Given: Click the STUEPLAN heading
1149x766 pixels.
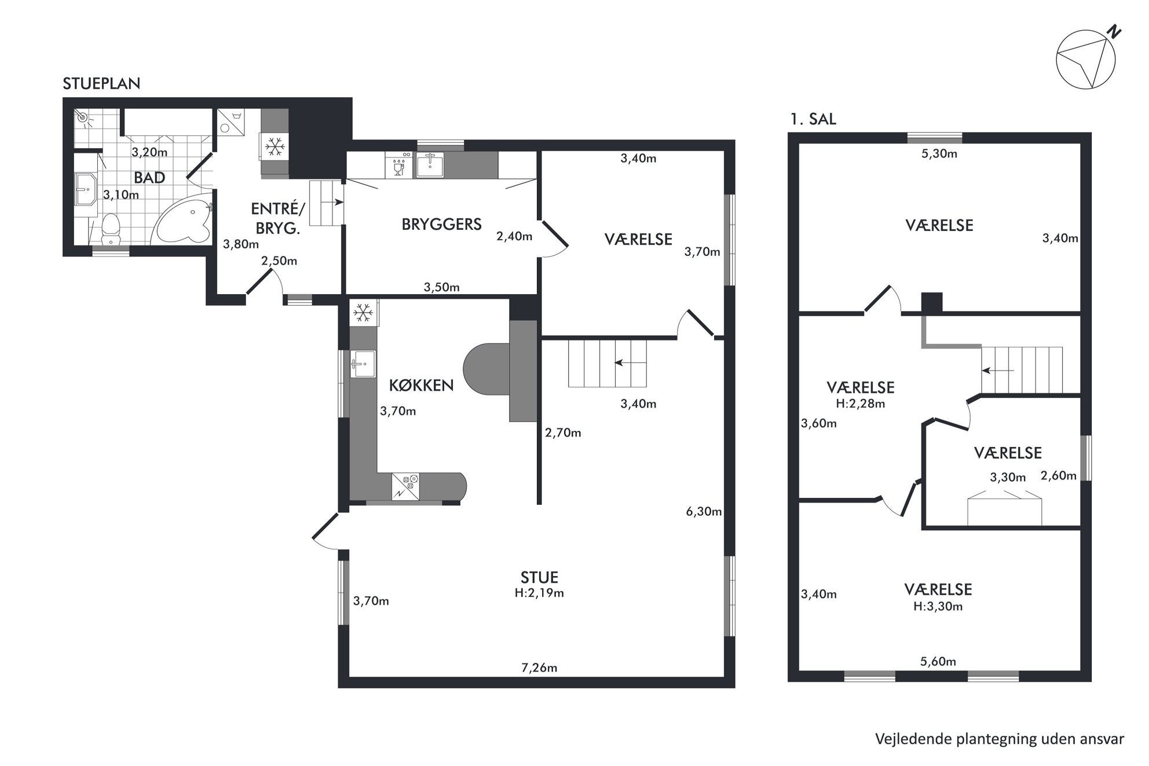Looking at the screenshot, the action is pos(101,83).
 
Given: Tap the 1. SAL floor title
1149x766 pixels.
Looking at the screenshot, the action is pos(813,119).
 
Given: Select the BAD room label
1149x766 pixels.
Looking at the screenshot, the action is pos(149,178).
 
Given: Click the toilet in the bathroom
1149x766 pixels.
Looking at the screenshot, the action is pos(110,229).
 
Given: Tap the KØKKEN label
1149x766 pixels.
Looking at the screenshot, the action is pos(421,385).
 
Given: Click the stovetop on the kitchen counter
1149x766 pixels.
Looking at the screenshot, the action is pos(405,486).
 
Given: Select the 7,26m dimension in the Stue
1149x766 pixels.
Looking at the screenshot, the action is pos(539,668).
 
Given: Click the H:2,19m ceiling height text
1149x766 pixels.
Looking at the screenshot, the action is pos(539,593).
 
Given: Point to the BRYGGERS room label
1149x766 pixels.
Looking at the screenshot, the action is pos(441,224).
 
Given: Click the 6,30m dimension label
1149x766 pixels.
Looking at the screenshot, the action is pos(704,512).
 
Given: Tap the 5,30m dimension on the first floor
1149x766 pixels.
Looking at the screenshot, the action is pos(939,154).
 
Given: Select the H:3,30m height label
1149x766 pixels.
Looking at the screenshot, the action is pos(938,606).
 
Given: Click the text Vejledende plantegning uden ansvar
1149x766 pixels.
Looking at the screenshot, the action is pos(1000,739).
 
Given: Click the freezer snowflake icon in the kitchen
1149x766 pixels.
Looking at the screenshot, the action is pos(363,313).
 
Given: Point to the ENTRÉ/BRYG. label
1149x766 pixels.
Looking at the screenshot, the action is pos(278,218).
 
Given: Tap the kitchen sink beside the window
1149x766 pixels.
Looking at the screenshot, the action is pos(363,364).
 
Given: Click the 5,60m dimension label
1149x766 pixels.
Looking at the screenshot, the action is pos(938,662).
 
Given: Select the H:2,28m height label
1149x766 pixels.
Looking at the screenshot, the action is pos(861,404).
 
